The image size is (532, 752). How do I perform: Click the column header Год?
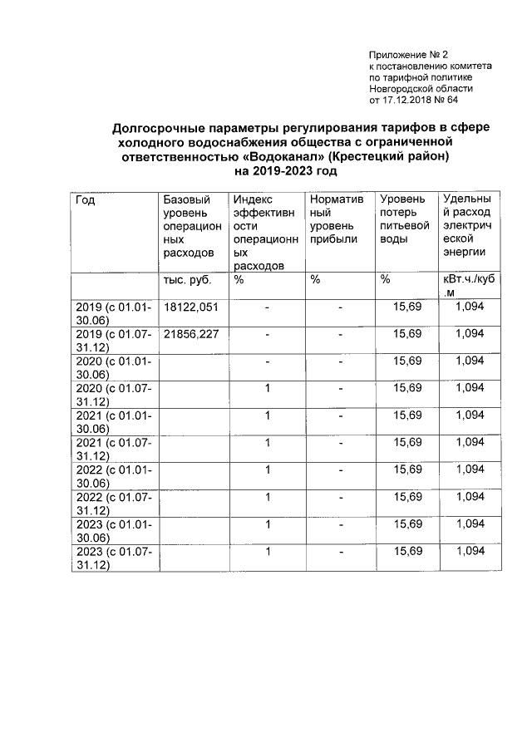(85, 199)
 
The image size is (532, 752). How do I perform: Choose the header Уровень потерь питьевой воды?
(403, 219)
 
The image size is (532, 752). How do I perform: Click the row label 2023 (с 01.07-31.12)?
(113, 558)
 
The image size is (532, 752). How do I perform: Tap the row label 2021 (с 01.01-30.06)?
(113, 422)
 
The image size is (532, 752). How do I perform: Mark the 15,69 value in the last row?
(407, 551)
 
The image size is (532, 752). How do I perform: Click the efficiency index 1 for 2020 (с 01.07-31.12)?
(268, 388)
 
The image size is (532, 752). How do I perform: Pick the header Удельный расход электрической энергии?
(470, 225)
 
